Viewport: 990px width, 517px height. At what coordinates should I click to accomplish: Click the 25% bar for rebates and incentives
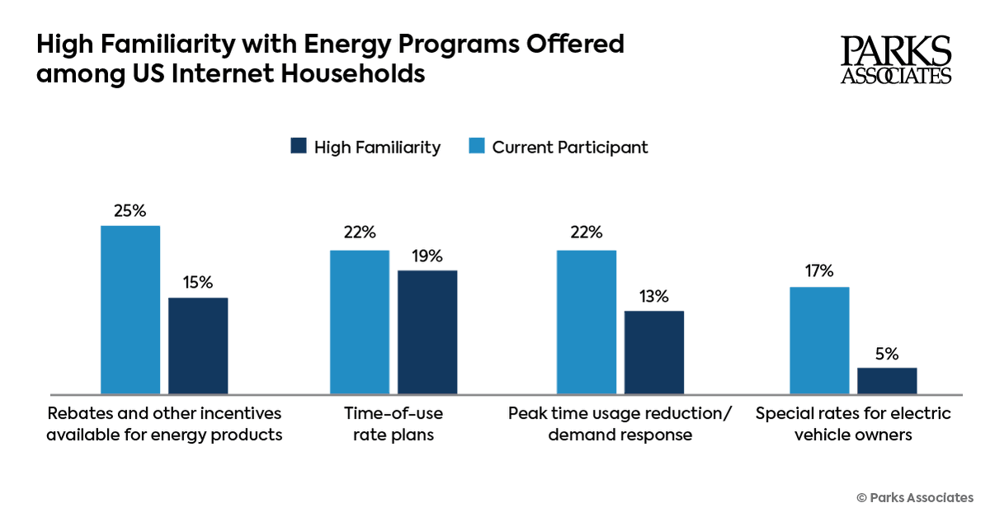[130, 309]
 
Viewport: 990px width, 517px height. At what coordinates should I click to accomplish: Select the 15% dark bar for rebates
[198, 345]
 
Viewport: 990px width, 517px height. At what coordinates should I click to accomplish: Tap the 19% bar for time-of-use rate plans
[427, 331]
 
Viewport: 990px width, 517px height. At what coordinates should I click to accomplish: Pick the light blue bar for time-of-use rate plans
[360, 322]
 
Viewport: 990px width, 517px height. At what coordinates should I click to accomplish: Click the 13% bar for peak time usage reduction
[654, 352]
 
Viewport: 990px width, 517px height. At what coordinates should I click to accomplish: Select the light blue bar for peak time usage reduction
[587, 322]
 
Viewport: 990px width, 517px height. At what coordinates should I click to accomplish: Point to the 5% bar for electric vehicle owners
[887, 380]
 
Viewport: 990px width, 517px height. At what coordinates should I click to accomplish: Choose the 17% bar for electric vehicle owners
[819, 340]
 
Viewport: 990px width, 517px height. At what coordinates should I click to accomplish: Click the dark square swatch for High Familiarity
[299, 147]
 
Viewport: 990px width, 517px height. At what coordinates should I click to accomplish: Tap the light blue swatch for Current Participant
[477, 147]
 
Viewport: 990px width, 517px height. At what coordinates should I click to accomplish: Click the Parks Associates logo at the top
[896, 59]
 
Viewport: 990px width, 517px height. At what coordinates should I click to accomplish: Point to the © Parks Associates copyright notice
[915, 497]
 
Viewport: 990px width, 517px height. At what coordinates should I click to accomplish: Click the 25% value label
[130, 210]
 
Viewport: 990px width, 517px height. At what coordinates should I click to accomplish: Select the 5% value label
[887, 352]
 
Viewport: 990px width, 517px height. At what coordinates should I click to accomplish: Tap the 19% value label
[427, 255]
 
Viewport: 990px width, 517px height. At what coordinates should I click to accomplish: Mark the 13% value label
[654, 296]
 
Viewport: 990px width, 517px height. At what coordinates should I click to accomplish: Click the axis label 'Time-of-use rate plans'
[394, 423]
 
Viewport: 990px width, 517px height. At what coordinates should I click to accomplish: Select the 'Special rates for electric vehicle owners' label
[853, 423]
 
